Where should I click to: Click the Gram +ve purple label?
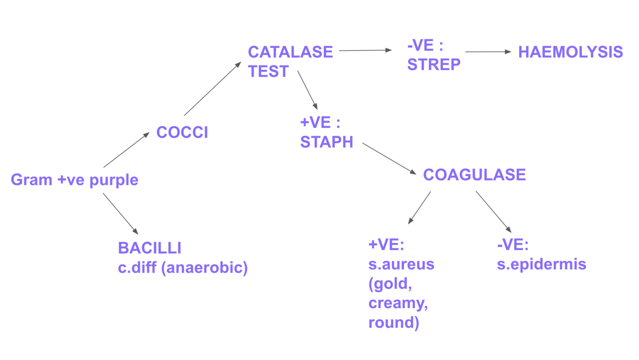tap(74, 180)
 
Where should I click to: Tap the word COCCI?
tap(182, 132)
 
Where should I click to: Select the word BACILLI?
tap(149, 248)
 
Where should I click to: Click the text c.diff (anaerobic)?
tap(183, 267)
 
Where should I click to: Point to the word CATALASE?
tap(290, 52)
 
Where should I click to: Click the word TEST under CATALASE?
tap(268, 71)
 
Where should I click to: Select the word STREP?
tap(434, 64)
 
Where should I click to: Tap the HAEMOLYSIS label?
tap(571, 52)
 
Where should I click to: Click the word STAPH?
tap(326, 142)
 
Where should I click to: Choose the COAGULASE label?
tap(474, 174)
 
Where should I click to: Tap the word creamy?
tap(398, 303)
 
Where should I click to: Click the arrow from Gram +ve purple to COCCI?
tap(126, 151)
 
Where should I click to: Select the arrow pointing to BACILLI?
tap(120, 213)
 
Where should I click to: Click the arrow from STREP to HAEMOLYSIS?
tap(488, 52)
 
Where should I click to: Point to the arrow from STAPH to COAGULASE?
tap(389, 158)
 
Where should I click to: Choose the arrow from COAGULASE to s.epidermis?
tap(493, 212)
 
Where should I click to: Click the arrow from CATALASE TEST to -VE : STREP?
tap(365, 50)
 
